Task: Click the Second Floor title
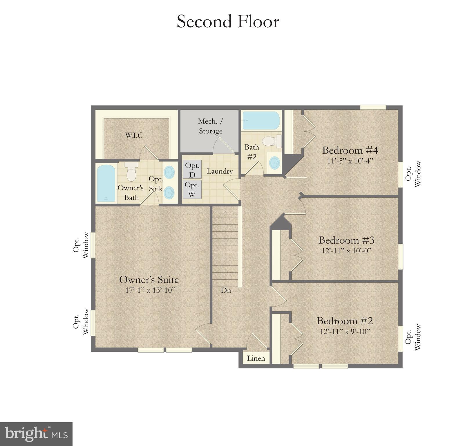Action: point(228,22)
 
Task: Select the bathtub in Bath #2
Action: point(261,121)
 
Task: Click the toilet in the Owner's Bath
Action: point(131,172)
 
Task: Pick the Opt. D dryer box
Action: point(192,170)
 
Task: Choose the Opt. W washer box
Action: point(192,189)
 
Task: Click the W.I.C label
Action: point(134,135)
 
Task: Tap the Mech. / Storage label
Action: point(211,126)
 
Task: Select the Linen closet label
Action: point(256,358)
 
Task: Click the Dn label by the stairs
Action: point(226,290)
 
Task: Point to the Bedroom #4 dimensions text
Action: point(350,161)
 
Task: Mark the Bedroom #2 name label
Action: point(345,321)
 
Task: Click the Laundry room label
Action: point(220,171)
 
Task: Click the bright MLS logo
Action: point(36,434)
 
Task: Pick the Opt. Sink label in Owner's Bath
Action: point(156,184)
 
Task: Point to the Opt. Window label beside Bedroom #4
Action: point(413,174)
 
